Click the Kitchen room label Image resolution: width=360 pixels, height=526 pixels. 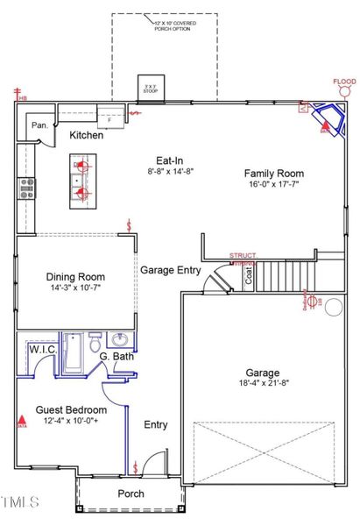(88, 135)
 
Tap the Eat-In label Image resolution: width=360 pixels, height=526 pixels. (169, 160)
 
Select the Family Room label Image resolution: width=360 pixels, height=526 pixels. (273, 174)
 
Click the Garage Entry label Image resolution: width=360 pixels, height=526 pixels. (170, 270)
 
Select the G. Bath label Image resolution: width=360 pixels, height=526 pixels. (116, 357)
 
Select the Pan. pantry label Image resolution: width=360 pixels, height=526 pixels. (40, 125)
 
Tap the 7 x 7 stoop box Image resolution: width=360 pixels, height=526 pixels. (149, 89)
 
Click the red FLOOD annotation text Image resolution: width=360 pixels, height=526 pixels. (344, 82)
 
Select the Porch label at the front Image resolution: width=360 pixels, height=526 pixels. (131, 494)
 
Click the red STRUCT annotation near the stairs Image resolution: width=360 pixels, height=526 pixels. (243, 255)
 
